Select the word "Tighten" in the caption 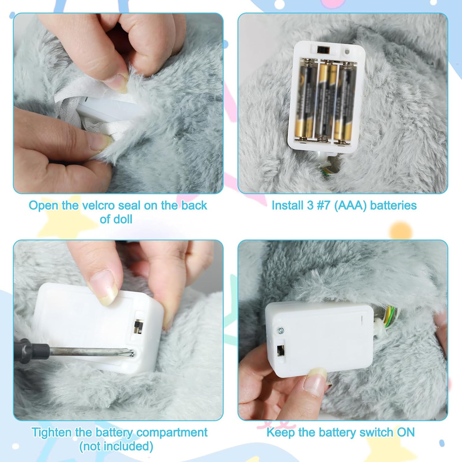52,433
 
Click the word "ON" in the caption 406,432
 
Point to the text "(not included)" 116,446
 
